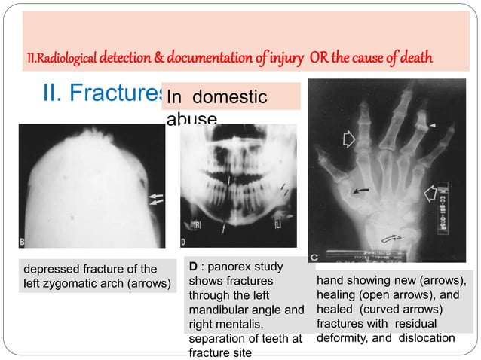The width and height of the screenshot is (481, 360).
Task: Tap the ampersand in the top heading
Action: (x=139, y=57)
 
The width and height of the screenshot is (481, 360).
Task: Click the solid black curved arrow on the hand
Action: (x=362, y=192)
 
